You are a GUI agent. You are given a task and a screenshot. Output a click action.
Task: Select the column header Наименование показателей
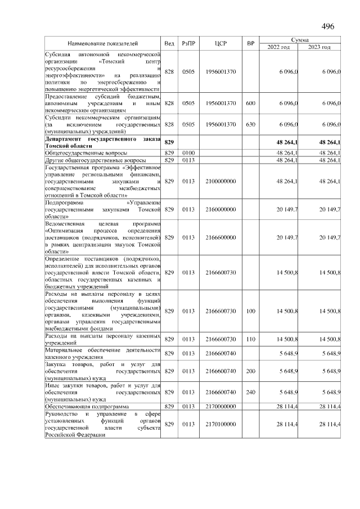(x=102, y=43)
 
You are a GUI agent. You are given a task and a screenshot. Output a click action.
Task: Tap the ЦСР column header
(x=220, y=43)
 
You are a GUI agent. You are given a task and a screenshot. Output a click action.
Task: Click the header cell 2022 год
(x=278, y=47)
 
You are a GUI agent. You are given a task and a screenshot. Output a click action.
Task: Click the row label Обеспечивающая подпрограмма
(x=87, y=406)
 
